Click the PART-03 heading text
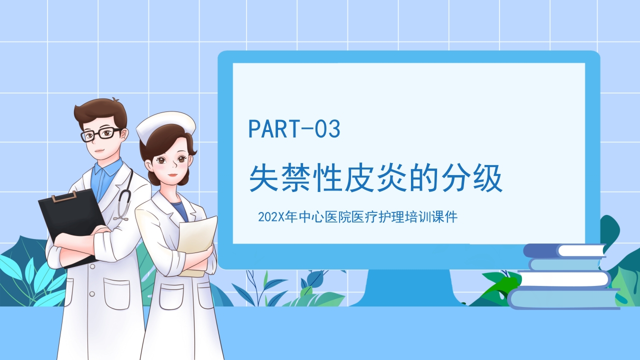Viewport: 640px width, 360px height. tap(294, 129)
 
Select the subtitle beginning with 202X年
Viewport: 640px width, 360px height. tap(357, 217)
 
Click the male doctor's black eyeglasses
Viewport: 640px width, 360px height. tap(100, 134)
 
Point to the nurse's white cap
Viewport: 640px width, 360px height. tap(165, 125)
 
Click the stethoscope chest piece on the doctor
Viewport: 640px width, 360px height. tap(120, 216)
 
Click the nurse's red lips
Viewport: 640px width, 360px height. tap(172, 174)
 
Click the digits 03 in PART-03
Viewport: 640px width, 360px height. tap(327, 129)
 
